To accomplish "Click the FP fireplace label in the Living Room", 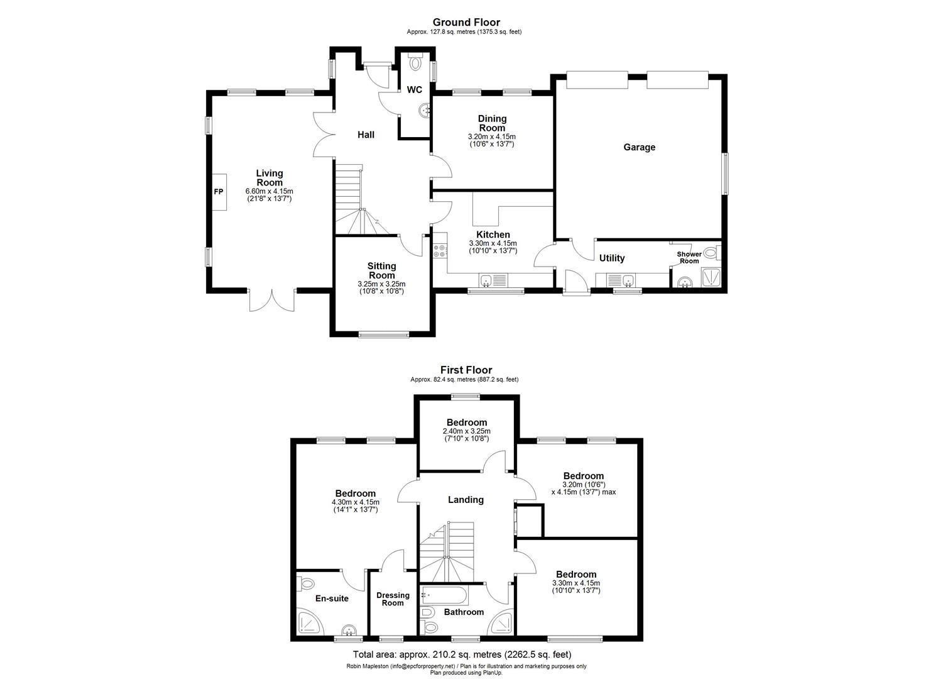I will tap(218, 191).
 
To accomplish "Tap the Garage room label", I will tap(639, 147).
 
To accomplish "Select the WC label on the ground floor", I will tap(414, 90).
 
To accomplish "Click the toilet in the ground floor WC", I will tap(415, 63).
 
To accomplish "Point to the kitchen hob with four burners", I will tap(440, 251).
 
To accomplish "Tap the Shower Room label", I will tap(689, 257).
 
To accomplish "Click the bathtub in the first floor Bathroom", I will tap(444, 595).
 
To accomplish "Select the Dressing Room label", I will tap(393, 599).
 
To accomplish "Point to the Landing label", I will tap(466, 500).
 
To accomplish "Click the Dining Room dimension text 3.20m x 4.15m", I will tap(491, 136).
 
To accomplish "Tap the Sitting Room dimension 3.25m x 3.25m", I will tap(381, 284).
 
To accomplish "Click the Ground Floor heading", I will tap(466, 23).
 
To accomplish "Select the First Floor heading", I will tap(466, 370).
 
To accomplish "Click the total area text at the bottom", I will tap(462, 654).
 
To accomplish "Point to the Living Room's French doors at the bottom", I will tap(271, 300).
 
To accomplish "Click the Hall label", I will tap(366, 135).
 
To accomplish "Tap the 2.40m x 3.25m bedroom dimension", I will tap(466, 431).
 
